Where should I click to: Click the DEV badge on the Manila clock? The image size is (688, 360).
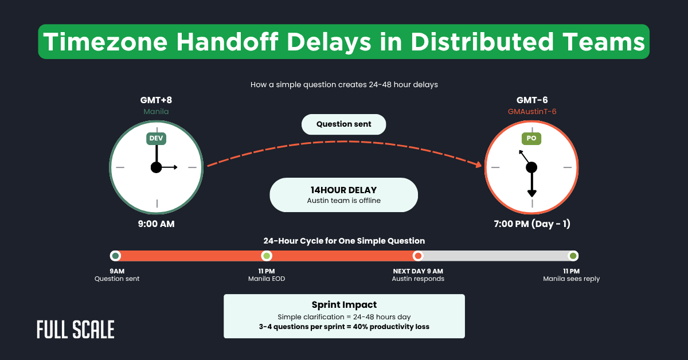pyautogui.click(x=156, y=138)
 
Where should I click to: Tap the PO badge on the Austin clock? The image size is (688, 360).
pyautogui.click(x=531, y=138)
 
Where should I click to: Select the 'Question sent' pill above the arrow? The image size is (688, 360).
pyautogui.click(x=343, y=124)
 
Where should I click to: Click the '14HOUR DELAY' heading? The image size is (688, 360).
pyautogui.click(x=343, y=190)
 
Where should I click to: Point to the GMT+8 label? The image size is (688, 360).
pyautogui.click(x=156, y=100)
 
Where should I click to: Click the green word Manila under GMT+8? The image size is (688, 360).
pyautogui.click(x=156, y=112)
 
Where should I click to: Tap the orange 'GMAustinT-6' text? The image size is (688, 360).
pyautogui.click(x=532, y=112)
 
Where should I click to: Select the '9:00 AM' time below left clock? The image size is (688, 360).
pyautogui.click(x=156, y=224)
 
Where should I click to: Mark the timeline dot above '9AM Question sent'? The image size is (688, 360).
pyautogui.click(x=116, y=256)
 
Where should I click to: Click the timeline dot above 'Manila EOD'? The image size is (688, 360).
pyautogui.click(x=266, y=256)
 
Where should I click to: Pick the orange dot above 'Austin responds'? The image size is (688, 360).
pyautogui.click(x=418, y=256)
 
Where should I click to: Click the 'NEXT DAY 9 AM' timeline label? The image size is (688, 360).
pyautogui.click(x=418, y=271)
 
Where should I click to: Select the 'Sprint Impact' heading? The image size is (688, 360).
pyautogui.click(x=344, y=305)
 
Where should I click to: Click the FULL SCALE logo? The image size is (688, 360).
pyautogui.click(x=75, y=330)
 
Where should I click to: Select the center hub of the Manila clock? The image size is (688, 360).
pyautogui.click(x=156, y=167)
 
